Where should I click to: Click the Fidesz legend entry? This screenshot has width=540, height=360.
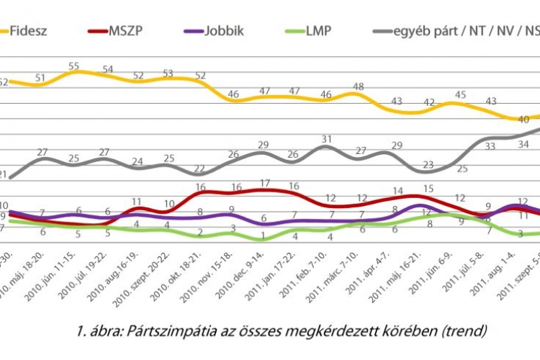tap(28, 31)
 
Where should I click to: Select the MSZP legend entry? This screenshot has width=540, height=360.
tap(127, 31)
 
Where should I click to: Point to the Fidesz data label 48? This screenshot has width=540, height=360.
tap(358, 87)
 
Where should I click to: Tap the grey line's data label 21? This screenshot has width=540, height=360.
tap(4, 174)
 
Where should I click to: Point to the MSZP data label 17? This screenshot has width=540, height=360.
tap(264, 183)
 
